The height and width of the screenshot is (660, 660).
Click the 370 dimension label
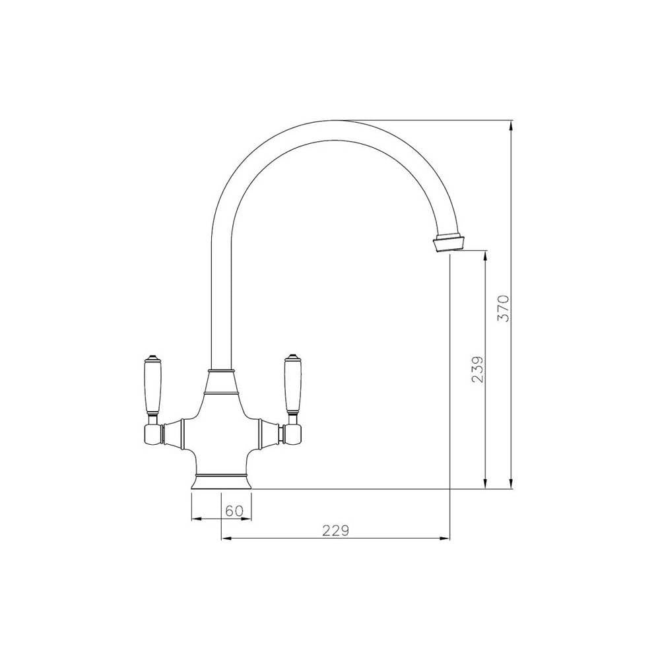[503, 308]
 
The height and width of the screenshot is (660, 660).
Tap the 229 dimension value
[335, 530]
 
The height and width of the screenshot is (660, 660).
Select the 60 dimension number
[235, 510]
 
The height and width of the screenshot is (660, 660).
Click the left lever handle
[151, 383]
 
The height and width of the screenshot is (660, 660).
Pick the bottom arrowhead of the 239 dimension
[486, 484]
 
